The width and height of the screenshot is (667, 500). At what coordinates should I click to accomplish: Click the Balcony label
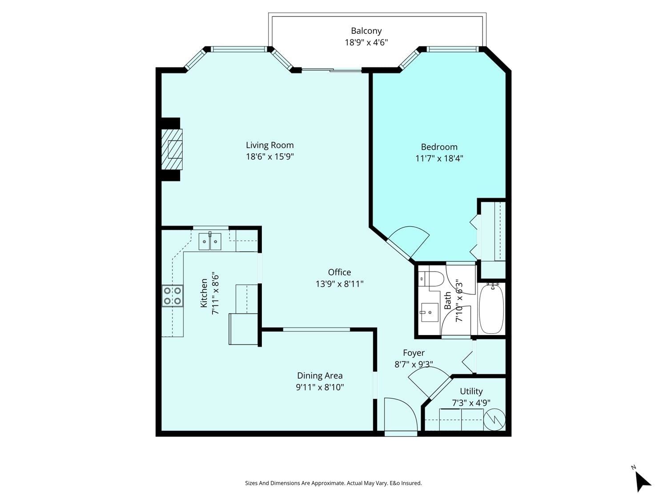[x=366, y=31]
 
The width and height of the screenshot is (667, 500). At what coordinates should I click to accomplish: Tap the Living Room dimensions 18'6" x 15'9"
[x=270, y=156]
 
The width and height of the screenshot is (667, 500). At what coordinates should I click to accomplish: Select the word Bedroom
[x=439, y=147]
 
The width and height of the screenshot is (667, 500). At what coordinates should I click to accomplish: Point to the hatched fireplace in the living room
[x=172, y=149]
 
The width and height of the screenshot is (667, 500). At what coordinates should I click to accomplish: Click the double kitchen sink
[x=210, y=241]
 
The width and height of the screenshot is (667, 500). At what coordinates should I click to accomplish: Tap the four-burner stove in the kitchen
[x=172, y=296]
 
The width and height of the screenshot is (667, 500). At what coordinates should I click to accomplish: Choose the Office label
[x=339, y=272]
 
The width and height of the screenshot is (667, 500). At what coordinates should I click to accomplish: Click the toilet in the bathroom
[x=431, y=279]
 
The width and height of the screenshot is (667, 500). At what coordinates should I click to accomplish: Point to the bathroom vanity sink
[x=429, y=312]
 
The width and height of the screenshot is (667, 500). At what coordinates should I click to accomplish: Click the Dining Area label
[x=320, y=376]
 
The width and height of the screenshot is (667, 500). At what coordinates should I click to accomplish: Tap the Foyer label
[x=414, y=353]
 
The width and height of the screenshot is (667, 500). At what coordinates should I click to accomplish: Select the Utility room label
[x=471, y=391]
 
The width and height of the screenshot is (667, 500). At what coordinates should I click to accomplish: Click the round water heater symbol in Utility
[x=494, y=420]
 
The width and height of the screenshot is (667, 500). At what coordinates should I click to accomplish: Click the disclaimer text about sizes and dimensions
[x=333, y=483]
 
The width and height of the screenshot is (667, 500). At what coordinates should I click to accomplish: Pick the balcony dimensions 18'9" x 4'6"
[x=366, y=43]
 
